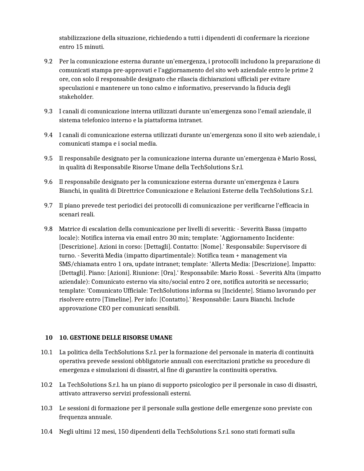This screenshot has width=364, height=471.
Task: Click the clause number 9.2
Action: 48,61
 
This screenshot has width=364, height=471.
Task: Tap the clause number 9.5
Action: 48,158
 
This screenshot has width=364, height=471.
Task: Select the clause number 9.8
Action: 48,229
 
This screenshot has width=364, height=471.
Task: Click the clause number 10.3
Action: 47,408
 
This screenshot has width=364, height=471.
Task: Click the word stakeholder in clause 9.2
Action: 76,97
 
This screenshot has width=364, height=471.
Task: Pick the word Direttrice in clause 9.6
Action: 131,191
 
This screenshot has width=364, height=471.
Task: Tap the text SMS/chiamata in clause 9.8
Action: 75,264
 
